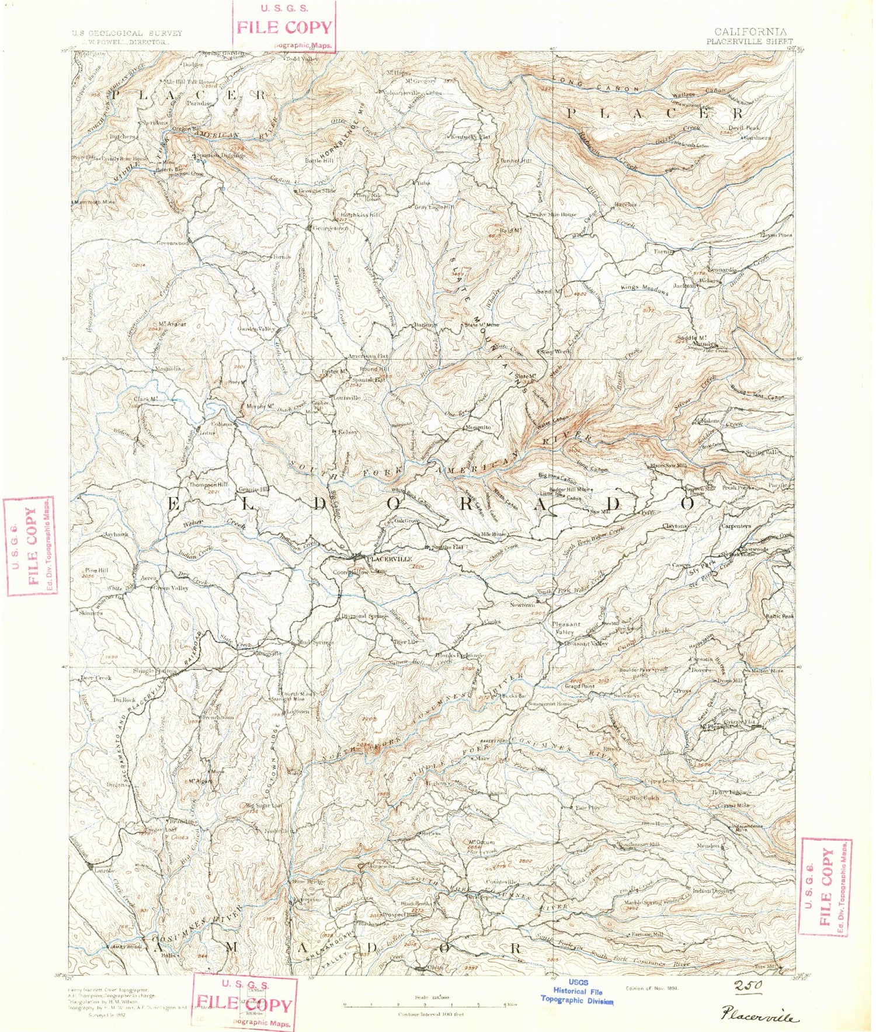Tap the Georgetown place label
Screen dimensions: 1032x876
(331, 228)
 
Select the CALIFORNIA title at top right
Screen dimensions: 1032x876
(750, 32)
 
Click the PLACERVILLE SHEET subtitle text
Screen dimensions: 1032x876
(749, 42)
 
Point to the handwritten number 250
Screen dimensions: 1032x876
(748, 986)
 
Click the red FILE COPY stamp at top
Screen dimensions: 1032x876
(284, 27)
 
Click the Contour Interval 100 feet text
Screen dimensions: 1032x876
(430, 1014)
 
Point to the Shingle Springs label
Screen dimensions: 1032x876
(154, 671)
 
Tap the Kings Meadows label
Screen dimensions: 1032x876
(644, 289)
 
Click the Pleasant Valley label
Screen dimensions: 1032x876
(586, 644)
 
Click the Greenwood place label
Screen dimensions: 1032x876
(173, 242)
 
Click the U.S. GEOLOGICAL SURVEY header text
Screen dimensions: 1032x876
(127, 34)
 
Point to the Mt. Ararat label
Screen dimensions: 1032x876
(172, 324)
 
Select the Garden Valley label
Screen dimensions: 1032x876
(256, 329)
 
